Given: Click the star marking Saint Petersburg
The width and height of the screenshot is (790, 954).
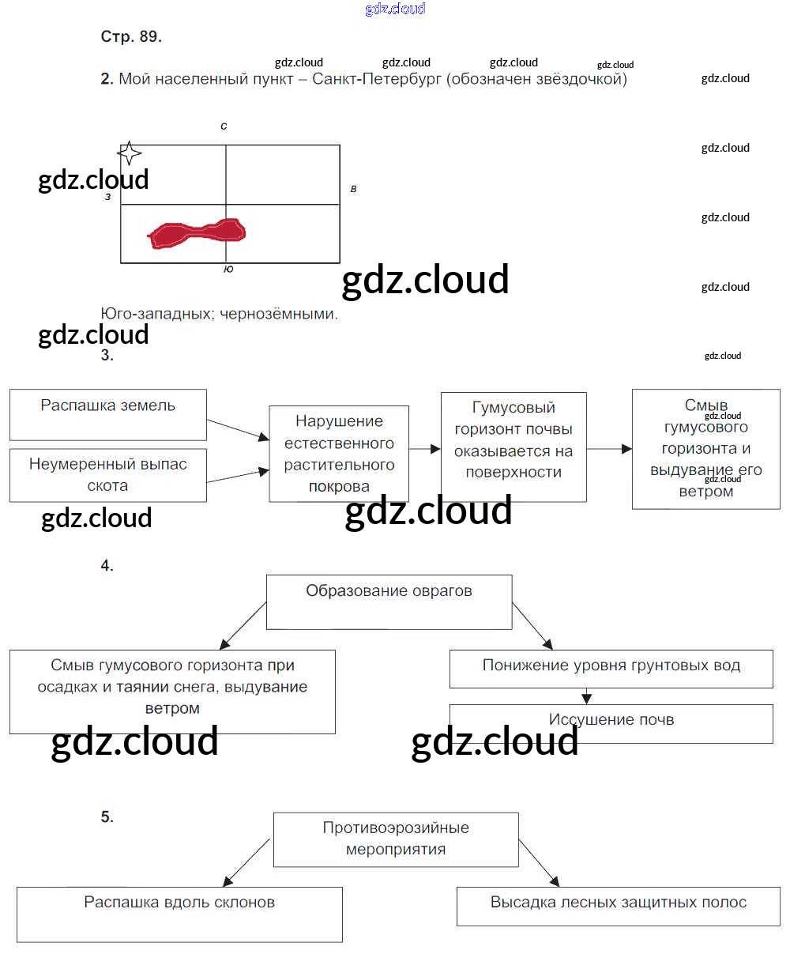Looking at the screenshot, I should (130, 153).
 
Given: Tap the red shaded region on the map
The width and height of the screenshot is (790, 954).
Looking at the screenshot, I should (197, 233).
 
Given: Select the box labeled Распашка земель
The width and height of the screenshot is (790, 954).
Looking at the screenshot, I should (108, 414).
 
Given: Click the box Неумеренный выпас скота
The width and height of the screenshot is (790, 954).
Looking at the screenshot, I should (108, 475).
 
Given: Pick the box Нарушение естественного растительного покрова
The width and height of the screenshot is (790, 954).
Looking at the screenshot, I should (339, 454).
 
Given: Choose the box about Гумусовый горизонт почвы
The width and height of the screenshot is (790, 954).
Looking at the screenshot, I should (513, 447).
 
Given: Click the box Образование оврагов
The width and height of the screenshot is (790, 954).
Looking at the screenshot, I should (389, 601).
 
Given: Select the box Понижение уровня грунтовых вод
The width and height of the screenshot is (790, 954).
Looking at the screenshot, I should (611, 669).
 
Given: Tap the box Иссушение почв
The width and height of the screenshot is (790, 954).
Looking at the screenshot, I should (611, 722).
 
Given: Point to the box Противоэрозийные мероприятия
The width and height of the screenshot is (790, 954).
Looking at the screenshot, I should (396, 839).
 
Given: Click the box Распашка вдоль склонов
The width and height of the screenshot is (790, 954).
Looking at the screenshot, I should (179, 914).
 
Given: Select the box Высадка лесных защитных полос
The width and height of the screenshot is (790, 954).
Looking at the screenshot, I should (618, 905).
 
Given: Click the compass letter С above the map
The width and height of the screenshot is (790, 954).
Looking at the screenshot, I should (224, 126).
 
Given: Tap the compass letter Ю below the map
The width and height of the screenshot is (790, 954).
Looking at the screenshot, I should (228, 270).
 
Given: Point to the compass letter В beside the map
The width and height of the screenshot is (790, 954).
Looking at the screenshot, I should (353, 189).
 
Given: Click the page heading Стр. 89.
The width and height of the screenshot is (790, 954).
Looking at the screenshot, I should (131, 36).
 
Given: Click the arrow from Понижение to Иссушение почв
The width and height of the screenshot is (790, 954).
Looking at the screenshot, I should (586, 696).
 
